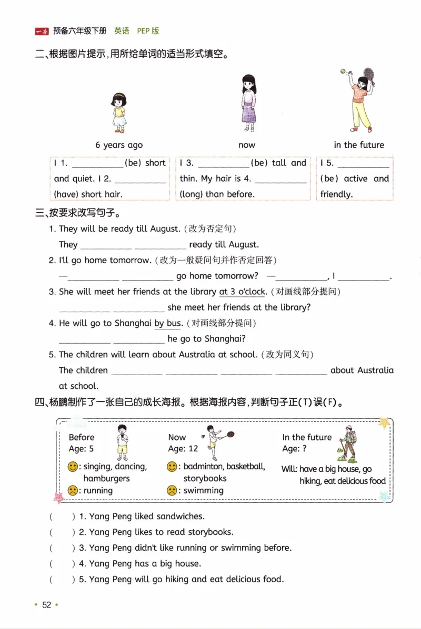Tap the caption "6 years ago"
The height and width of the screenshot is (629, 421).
click(x=119, y=145)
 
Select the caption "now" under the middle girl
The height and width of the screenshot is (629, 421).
click(x=246, y=145)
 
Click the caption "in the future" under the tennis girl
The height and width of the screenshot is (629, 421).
click(x=359, y=145)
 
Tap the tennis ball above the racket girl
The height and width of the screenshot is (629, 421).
click(x=343, y=70)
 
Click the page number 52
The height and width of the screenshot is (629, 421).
click(x=47, y=605)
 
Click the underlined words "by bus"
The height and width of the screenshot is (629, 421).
click(x=168, y=323)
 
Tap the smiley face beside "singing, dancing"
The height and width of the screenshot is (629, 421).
click(x=73, y=467)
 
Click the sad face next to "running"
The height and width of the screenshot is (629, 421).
click(x=73, y=491)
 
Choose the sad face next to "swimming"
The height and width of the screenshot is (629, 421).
click(x=172, y=491)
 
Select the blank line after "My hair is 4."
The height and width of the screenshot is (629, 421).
click(x=280, y=180)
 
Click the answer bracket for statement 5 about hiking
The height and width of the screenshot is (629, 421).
click(x=62, y=579)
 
